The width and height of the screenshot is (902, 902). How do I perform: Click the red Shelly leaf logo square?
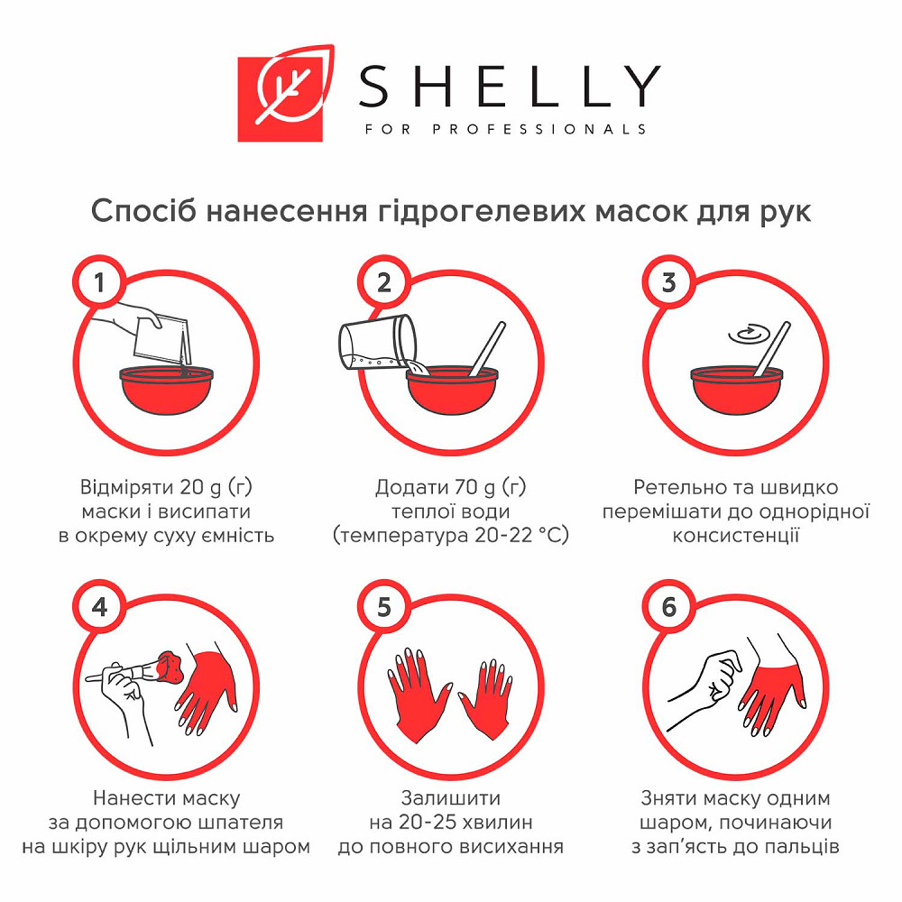281,99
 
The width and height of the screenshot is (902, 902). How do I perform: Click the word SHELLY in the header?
510,87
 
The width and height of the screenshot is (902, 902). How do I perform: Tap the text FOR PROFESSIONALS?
505,129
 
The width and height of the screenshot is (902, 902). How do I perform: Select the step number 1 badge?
99,282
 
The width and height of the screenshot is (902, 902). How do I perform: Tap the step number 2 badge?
384,282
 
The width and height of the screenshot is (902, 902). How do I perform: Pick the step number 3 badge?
668,282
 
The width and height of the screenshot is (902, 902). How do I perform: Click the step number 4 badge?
99,607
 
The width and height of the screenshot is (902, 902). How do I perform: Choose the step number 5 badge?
384,607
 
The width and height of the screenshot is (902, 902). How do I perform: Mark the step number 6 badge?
668,607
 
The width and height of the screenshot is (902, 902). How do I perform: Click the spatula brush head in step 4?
169,667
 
